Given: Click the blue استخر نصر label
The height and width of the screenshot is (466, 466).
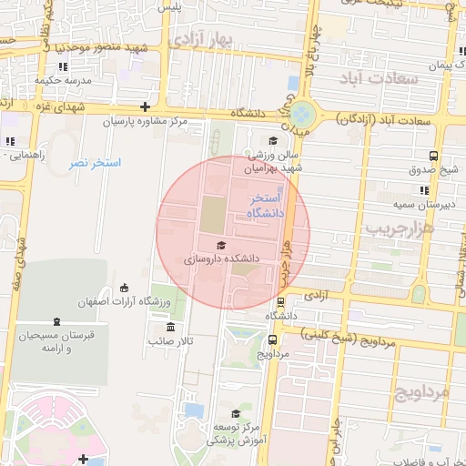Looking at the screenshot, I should pos(95,162).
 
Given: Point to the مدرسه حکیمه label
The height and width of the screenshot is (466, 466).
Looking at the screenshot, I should pos(61,79).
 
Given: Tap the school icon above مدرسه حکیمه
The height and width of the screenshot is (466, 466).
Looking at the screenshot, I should pos(62,66).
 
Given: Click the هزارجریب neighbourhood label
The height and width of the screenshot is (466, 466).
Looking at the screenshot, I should pos(400,228).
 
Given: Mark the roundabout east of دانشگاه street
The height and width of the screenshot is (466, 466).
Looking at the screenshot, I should pos(303,114).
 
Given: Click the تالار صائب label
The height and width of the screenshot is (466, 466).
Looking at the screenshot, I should pos(172,340).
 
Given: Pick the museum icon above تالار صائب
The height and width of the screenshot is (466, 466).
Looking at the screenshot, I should pos(170,327).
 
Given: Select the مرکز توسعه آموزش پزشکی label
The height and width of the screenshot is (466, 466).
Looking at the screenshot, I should pos(236,432).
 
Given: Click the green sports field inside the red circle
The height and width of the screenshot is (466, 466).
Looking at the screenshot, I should pos(211,215).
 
